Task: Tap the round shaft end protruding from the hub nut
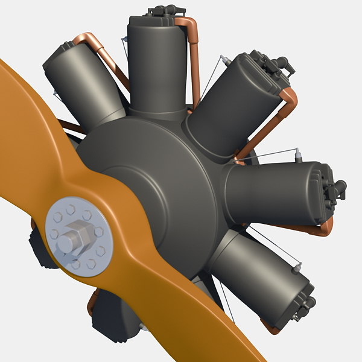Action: (64, 244)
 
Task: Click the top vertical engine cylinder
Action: (156, 60)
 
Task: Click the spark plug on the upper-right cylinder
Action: (224, 60)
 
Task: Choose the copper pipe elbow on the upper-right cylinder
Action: (288, 97)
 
